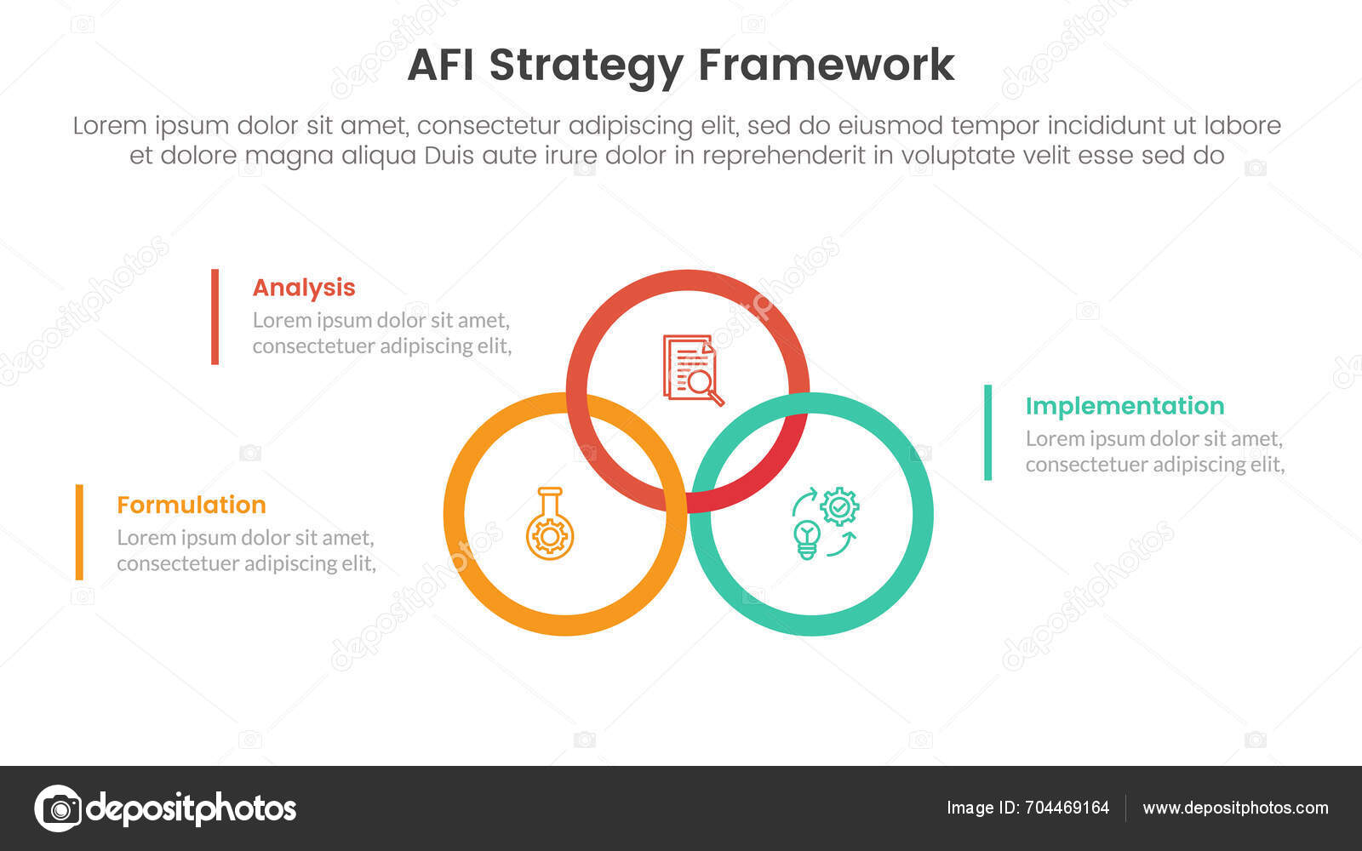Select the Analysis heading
304,288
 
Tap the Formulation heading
192,505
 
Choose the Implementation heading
1125,406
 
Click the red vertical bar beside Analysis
215,317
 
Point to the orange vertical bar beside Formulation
79,532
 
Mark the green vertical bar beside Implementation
987,432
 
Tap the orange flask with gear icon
549,524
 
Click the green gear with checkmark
839,507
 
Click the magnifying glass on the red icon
703,386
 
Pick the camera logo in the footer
58,808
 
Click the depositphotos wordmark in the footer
192,808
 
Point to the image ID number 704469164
1064,808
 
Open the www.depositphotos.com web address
1235,808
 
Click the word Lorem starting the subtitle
109,126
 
